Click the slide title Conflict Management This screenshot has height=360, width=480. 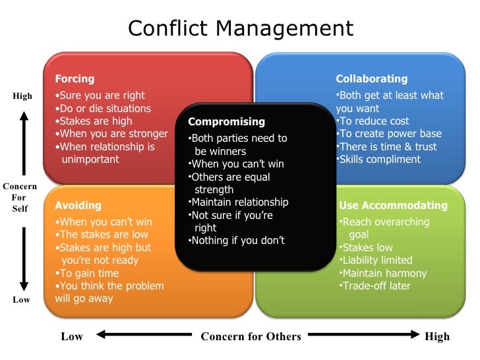tap(240, 28)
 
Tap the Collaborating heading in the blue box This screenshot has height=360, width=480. tap(371, 79)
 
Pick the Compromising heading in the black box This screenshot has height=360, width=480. tap(226, 122)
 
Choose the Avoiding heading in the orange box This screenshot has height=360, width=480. tap(78, 205)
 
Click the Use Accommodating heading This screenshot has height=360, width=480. tap(393, 205)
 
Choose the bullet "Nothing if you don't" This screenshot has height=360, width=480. tap(237, 241)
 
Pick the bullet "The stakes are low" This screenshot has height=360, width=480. tap(102, 234)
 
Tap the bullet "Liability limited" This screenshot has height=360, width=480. tap(377, 260)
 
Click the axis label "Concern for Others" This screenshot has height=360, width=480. tap(251, 336)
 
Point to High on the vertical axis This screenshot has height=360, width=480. tap(22, 96)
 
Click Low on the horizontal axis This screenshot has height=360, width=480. tap(72, 336)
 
